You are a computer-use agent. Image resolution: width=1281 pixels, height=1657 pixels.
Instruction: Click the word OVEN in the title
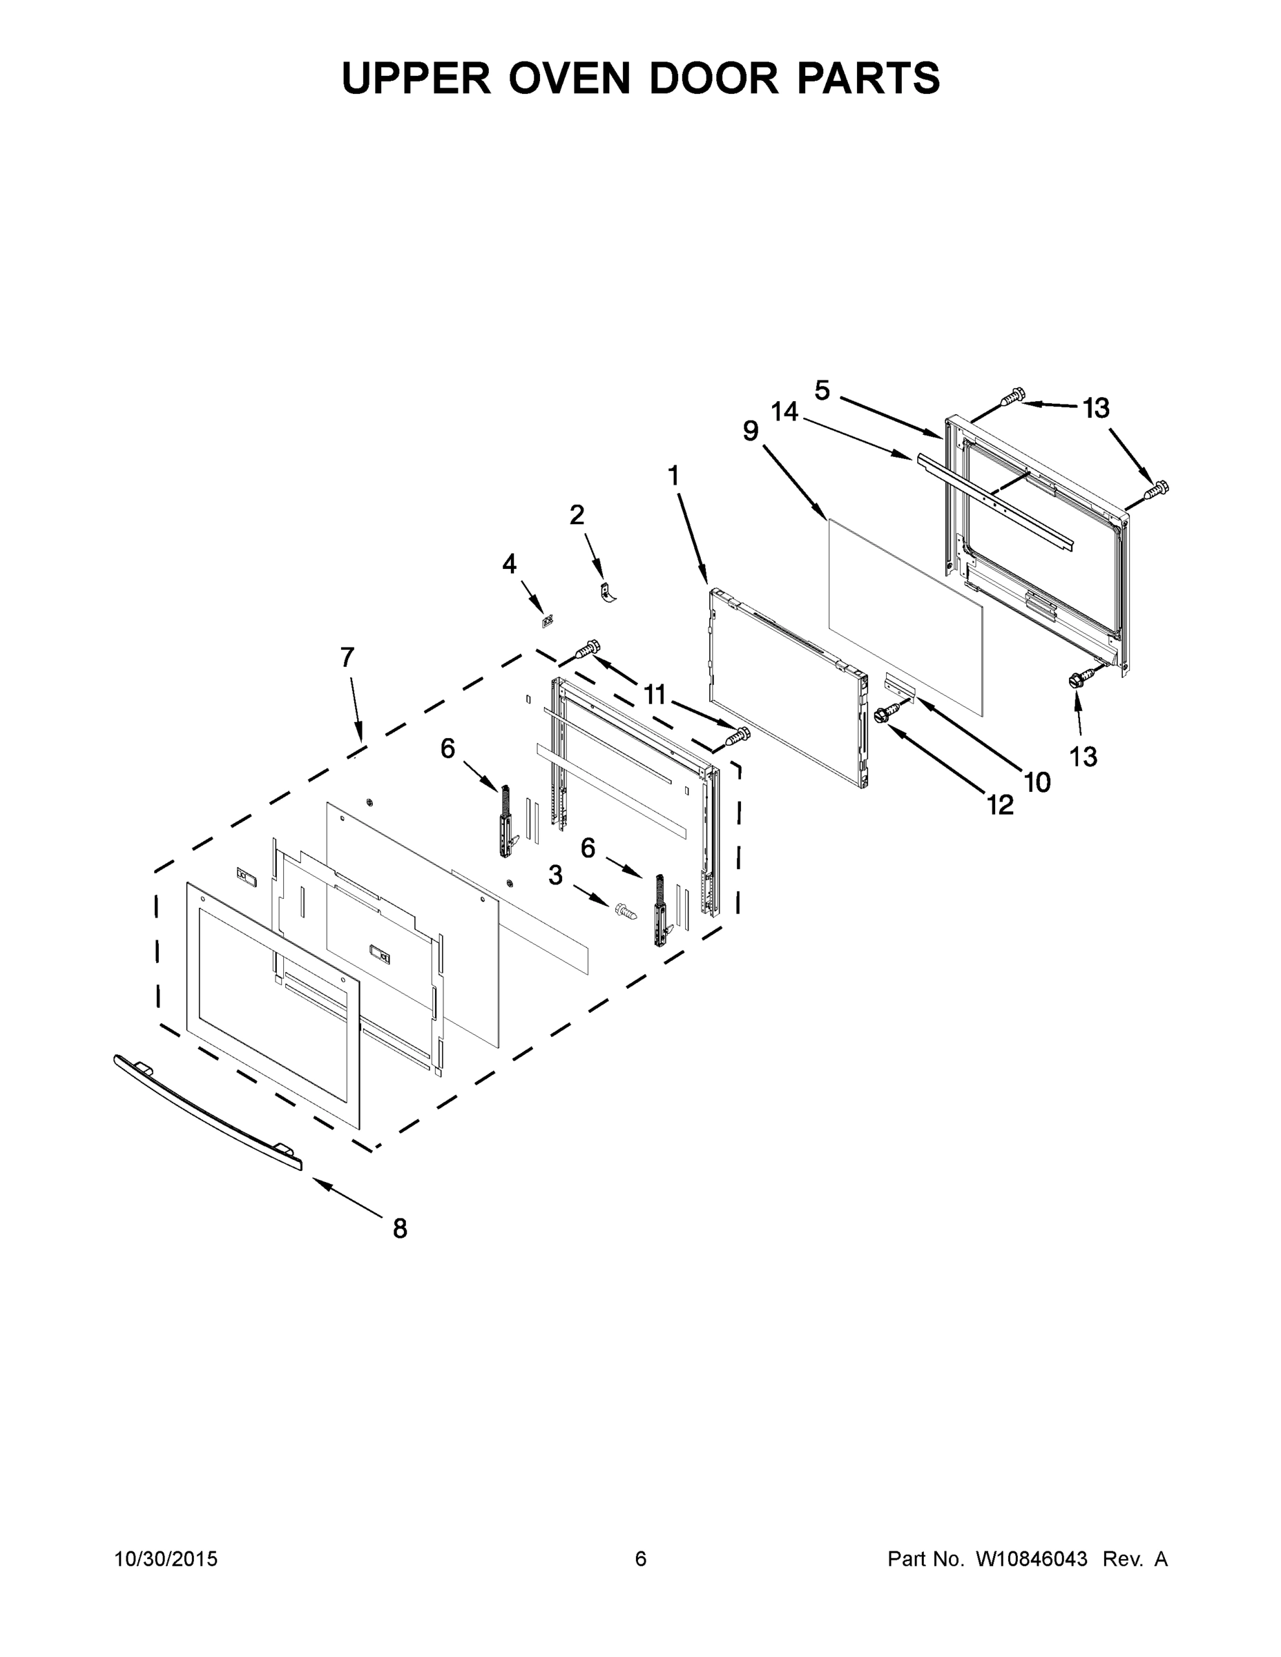569,78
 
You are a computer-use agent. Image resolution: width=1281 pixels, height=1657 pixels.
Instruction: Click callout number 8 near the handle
400,1228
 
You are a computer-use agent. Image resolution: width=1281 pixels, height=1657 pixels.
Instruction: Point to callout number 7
347,657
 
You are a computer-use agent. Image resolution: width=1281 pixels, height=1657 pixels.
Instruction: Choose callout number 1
673,476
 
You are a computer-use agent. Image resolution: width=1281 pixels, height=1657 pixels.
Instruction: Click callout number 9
751,431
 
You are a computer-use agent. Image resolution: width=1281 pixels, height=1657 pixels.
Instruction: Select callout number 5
822,390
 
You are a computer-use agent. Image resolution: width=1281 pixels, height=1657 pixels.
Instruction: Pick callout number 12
1000,805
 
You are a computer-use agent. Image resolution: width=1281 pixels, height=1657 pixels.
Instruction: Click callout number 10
1037,782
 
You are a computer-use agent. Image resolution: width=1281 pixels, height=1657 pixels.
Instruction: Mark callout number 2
577,515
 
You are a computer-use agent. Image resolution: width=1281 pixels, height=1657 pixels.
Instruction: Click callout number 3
555,875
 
